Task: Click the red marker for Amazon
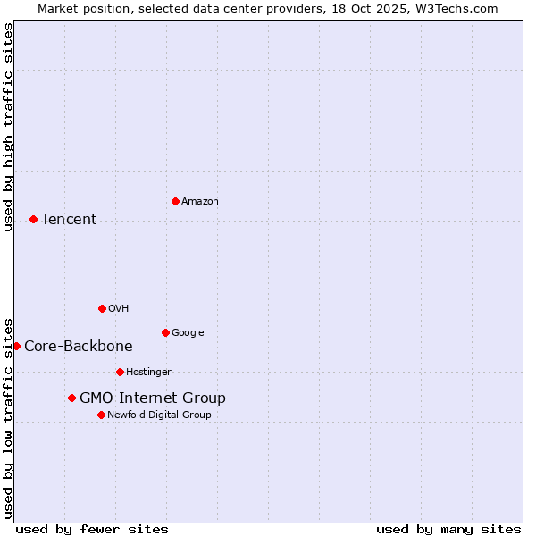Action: tap(175, 201)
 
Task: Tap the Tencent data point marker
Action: tap(33, 219)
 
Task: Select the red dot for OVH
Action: tap(102, 308)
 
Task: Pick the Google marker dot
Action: tap(165, 332)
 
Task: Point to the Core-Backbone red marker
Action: tap(16, 346)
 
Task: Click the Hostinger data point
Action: tap(120, 372)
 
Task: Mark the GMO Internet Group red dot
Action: tap(71, 398)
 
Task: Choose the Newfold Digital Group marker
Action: tap(101, 415)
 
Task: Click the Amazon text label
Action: tap(200, 201)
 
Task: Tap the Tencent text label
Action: tap(69, 219)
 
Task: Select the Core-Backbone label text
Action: tap(79, 346)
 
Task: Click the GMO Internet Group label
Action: tap(153, 398)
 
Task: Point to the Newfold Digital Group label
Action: tap(159, 415)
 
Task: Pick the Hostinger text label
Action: tap(148, 372)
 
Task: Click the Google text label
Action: tap(188, 332)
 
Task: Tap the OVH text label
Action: tap(119, 308)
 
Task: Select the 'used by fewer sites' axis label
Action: tap(92, 529)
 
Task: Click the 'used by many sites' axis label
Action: tap(448, 529)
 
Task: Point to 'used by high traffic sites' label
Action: tap(8, 127)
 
